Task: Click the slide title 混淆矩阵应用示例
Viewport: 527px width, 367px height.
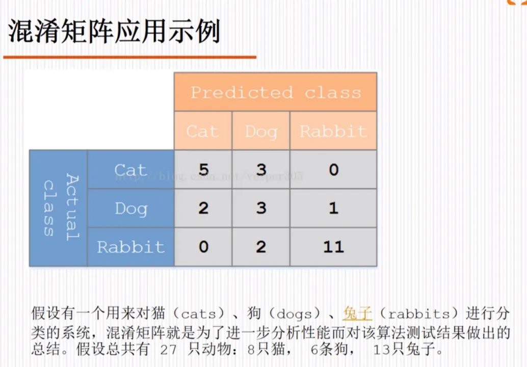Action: [x=114, y=31]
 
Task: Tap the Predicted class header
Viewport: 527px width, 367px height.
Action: [x=276, y=92]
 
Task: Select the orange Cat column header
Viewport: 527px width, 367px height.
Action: [x=203, y=130]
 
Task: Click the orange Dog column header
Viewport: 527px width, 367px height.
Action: [x=261, y=130]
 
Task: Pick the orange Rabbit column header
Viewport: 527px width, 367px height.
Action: [x=333, y=130]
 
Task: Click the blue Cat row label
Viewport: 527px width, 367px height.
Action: [x=131, y=169]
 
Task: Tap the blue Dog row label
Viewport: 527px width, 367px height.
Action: [x=131, y=208]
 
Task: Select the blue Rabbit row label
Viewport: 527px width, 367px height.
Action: [x=131, y=247]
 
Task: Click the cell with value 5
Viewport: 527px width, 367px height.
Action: [x=203, y=169]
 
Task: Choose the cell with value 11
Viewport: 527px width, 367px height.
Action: [x=333, y=247]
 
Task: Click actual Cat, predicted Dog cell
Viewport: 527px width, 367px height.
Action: [x=261, y=169]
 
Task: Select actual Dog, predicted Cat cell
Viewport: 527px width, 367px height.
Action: [x=203, y=208]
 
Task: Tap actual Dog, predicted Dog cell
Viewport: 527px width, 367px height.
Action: [x=261, y=208]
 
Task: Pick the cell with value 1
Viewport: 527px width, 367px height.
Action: [x=333, y=208]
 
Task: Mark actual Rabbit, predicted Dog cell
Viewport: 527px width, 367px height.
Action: [x=261, y=247]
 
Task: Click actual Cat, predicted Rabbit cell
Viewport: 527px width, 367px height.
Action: [x=333, y=169]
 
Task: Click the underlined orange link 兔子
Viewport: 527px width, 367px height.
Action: [x=357, y=313]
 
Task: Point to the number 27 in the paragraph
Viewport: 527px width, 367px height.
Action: [x=168, y=350]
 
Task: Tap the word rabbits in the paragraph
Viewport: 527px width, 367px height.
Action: [x=419, y=314]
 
